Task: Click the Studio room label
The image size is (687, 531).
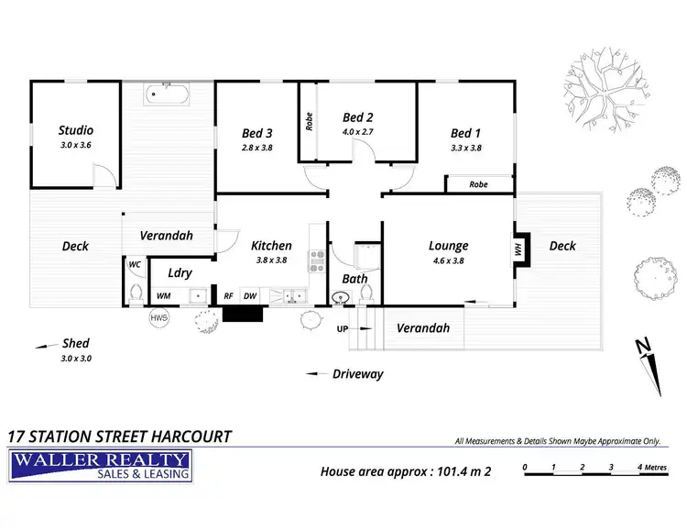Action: tap(76, 130)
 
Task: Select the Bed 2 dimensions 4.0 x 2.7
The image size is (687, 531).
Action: tap(357, 132)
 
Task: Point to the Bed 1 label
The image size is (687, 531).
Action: tap(465, 132)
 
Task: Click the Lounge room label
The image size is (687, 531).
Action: tap(448, 246)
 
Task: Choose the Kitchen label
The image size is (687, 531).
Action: tap(271, 246)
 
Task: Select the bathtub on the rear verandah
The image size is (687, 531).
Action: tap(167, 94)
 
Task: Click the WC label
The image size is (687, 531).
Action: tap(135, 265)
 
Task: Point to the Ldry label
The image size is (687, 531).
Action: tap(180, 272)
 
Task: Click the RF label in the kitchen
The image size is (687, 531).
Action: tap(228, 296)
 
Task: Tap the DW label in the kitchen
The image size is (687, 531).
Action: tap(249, 296)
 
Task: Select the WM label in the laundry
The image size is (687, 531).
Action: tap(163, 296)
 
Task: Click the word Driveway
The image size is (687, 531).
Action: tap(358, 373)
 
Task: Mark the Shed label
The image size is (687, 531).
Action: tap(76, 344)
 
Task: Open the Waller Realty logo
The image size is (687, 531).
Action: tap(99, 466)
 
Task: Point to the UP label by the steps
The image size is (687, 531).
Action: tap(343, 328)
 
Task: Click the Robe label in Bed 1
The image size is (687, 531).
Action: tap(478, 184)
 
